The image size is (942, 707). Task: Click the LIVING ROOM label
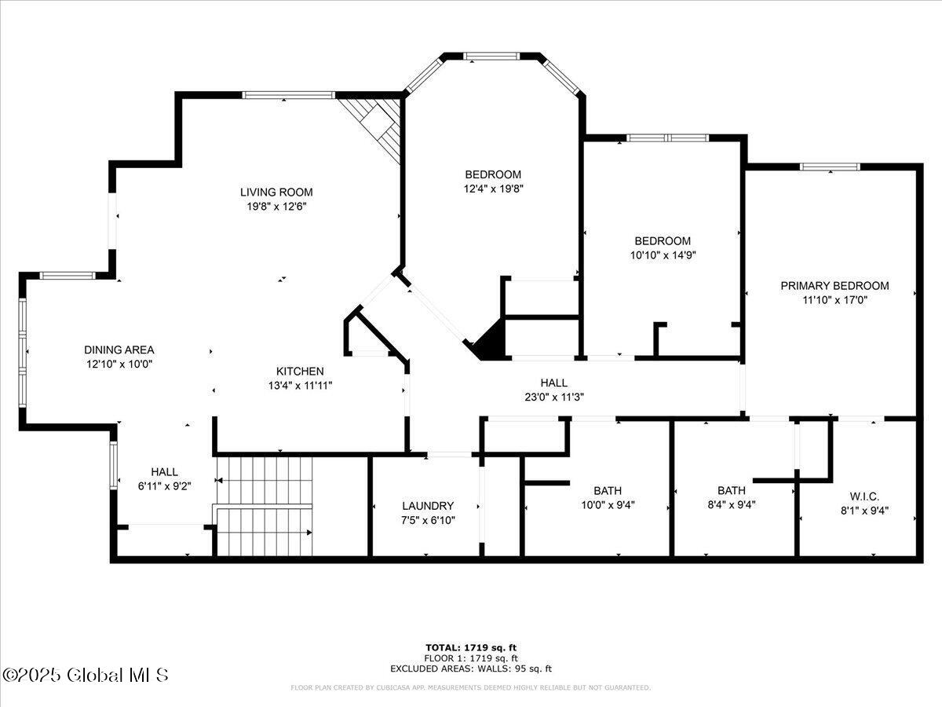tap(276, 192)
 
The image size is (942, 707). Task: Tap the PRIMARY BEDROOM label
tap(834, 286)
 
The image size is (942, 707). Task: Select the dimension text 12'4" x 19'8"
tap(494, 189)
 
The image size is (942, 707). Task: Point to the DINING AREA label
tap(119, 350)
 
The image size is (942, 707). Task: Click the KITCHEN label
tap(300, 372)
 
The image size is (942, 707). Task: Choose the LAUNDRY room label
tap(428, 506)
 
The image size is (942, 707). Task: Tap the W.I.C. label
tap(865, 496)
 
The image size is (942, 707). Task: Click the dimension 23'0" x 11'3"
tap(554, 397)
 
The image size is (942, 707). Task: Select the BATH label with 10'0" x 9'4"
tap(608, 491)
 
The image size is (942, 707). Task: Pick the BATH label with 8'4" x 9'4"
tap(732, 490)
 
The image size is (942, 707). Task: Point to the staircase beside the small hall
tap(265, 507)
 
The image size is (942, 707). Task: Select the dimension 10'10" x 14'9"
tap(663, 255)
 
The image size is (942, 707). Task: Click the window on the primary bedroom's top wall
tap(830, 167)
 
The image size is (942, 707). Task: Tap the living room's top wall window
tap(288, 95)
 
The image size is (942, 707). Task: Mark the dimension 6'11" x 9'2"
tap(164, 486)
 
